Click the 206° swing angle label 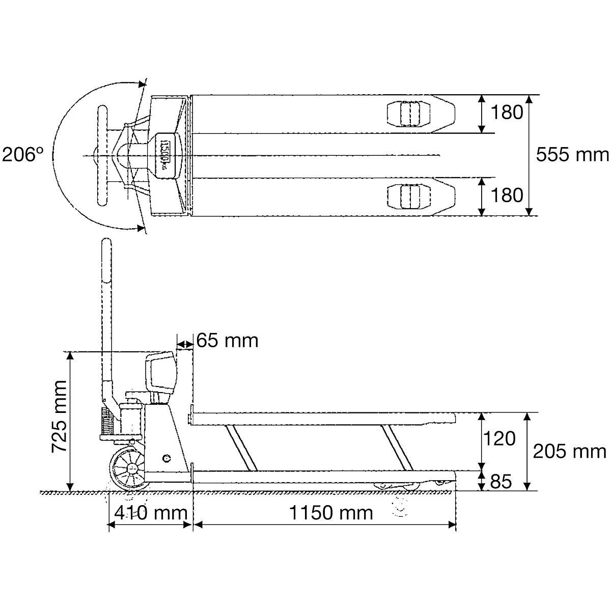click(22, 155)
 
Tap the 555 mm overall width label click(572, 155)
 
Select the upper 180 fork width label click(507, 112)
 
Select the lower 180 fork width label click(507, 195)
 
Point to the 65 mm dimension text click(227, 341)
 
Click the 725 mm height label click(59, 416)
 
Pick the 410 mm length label click(151, 513)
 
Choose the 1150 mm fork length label click(331, 513)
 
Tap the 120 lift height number click(499, 439)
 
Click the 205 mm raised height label click(569, 451)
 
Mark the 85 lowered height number click(501, 481)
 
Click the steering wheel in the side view click(129, 468)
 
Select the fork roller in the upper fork click(409, 114)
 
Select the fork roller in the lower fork click(409, 197)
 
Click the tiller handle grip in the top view click(103, 156)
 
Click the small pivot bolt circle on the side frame click(166, 458)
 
